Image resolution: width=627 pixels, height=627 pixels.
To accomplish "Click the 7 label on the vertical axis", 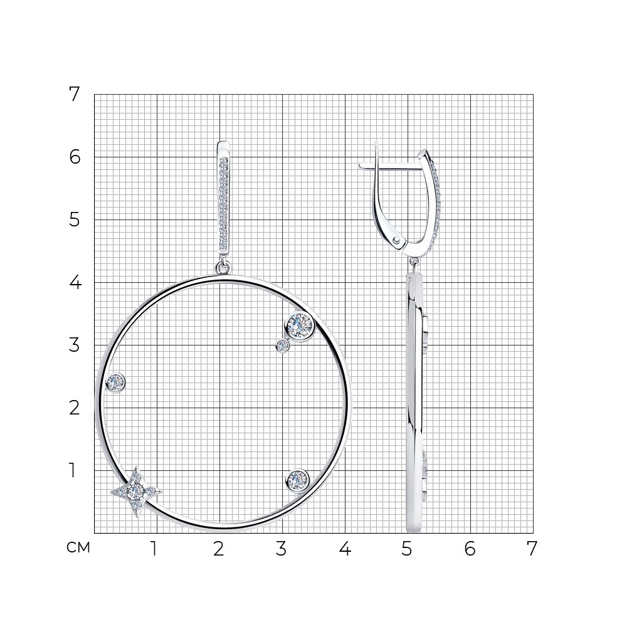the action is pyautogui.click(x=75, y=95).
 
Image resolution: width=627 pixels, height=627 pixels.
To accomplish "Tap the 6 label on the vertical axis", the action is pyautogui.click(x=75, y=157).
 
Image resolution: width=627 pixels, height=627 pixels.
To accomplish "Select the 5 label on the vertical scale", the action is pyautogui.click(x=75, y=220).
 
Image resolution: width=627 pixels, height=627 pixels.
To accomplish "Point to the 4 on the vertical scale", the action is pyautogui.click(x=75, y=282).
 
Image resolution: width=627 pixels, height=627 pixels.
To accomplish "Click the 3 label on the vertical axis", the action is pyautogui.click(x=75, y=345).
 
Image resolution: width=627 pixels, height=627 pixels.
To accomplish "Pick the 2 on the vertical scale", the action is pyautogui.click(x=75, y=408).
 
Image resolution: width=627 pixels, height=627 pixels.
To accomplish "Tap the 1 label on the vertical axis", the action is pyautogui.click(x=72, y=470).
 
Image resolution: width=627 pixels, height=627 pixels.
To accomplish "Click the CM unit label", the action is pyautogui.click(x=78, y=547).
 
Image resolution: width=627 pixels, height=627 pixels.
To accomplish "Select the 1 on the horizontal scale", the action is pyautogui.click(x=154, y=549).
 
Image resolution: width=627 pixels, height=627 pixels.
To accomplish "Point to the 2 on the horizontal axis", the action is pyautogui.click(x=218, y=549).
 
